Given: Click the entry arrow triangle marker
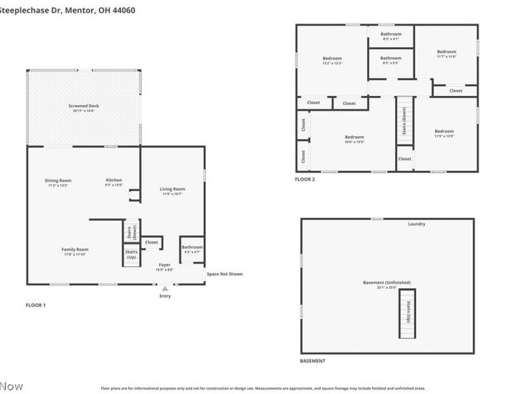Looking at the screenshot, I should click(165, 288).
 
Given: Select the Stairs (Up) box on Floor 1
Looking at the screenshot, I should click(131, 254).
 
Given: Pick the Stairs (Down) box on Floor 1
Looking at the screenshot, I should click(131, 231).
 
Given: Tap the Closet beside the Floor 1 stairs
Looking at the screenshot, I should click(152, 242).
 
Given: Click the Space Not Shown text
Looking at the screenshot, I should click(224, 274).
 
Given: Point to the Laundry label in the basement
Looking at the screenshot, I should click(416, 224).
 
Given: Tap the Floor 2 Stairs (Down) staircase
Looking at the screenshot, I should click(404, 120).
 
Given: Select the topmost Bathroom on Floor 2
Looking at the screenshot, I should click(391, 36).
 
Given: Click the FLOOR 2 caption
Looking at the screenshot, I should click(305, 179).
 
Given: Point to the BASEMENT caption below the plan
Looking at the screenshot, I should click(312, 361).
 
